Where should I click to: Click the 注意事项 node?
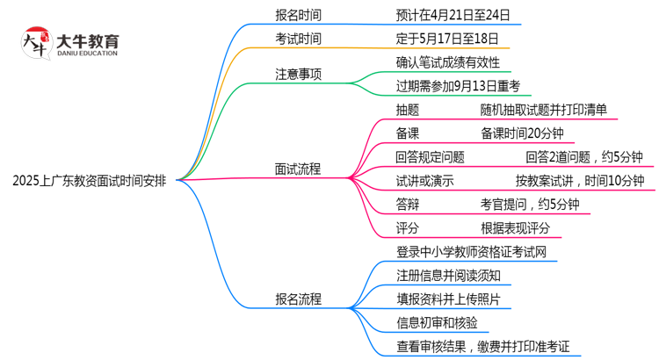pos(298,75)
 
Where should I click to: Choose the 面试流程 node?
pos(298,169)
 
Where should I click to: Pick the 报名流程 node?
pos(298,299)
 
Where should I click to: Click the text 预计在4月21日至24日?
pos(453,15)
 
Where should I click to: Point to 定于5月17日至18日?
pos(447,40)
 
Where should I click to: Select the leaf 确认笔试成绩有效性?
pos(447,62)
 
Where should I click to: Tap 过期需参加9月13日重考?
pos(458,86)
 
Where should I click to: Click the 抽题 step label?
pos(408,110)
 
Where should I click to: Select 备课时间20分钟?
pos(521,133)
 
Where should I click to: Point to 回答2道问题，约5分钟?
pos(584,157)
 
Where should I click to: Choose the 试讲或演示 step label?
pos(424,181)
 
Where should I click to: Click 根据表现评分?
pos(515,228)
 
